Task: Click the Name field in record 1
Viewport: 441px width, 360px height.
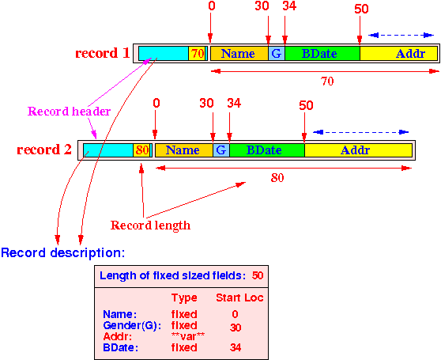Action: [239, 54]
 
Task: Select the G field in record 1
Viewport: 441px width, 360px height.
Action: [277, 54]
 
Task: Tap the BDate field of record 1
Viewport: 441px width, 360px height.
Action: [322, 54]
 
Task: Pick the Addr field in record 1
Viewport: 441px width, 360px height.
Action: [399, 54]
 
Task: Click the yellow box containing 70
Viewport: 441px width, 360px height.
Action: [197, 54]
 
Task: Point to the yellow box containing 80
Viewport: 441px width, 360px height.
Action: [141, 150]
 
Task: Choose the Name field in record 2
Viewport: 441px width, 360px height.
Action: [184, 150]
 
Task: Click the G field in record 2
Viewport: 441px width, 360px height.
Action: [221, 150]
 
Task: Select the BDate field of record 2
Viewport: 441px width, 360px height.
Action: [267, 150]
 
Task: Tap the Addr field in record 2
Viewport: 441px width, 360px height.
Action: [358, 150]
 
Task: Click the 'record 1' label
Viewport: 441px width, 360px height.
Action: [103, 53]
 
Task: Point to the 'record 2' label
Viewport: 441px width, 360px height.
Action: [44, 150]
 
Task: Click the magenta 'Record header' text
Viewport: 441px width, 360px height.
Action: [69, 112]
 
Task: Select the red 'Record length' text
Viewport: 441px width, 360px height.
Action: [150, 225]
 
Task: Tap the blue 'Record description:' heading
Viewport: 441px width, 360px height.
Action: [62, 252]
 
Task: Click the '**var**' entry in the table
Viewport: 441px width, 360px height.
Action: [188, 336]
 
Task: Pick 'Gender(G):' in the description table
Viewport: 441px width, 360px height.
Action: [132, 326]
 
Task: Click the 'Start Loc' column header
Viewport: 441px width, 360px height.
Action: [239, 297]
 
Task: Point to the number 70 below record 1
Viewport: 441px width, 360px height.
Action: [327, 81]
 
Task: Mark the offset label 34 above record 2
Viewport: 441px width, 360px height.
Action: [234, 104]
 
